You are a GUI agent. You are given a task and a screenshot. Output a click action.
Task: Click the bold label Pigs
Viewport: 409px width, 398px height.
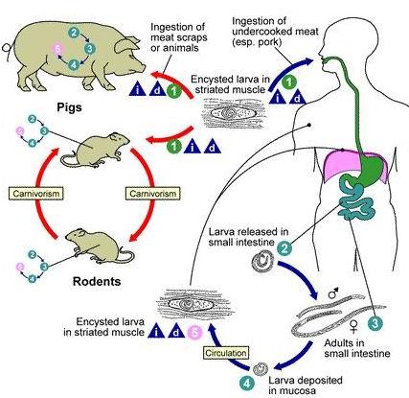pos(69,107)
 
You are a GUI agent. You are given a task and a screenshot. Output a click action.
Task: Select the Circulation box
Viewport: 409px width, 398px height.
pos(226,353)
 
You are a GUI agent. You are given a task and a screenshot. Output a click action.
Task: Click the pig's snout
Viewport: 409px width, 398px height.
pos(143,68)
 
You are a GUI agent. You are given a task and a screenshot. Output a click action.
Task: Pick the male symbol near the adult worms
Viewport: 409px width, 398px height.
pos(333,293)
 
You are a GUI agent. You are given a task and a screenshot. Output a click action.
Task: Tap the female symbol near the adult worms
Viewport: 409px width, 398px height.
pos(353,325)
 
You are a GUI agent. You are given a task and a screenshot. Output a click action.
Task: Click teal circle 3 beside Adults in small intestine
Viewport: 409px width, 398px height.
pos(375,323)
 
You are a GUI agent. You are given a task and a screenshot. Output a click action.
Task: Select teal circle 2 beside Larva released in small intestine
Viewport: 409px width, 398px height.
pos(284,247)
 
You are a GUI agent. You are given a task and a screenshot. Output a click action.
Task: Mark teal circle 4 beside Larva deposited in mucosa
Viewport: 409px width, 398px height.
pos(247,384)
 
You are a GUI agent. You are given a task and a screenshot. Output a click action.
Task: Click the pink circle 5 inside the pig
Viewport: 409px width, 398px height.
pos(57,50)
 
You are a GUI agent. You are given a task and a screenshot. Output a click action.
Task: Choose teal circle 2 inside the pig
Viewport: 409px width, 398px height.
pos(74,33)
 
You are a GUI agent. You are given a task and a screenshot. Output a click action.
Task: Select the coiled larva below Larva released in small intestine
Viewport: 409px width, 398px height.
pos(262,262)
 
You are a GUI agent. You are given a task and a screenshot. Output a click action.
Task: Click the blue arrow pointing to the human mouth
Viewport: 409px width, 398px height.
pos(289,71)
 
